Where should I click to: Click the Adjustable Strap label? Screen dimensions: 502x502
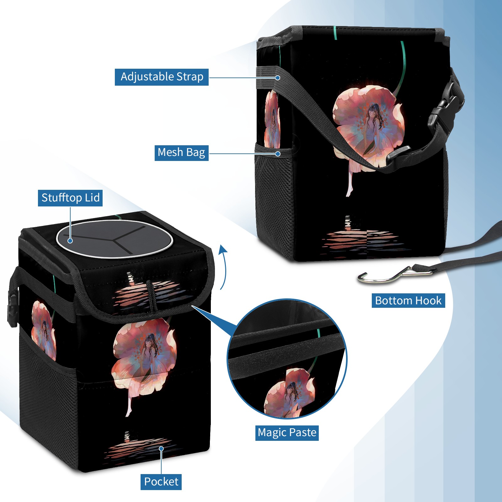(x=162, y=77)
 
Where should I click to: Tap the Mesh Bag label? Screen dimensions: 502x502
(x=181, y=153)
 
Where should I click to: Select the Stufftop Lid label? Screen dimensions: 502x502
(x=70, y=198)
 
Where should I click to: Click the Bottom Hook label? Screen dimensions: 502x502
(x=408, y=301)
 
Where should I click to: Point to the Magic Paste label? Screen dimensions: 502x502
(x=287, y=433)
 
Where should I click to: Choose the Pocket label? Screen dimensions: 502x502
(x=161, y=482)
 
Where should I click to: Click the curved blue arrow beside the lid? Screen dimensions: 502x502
(x=223, y=267)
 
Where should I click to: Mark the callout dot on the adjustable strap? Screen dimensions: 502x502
(x=278, y=77)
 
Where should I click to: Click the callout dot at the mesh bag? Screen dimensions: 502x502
(x=278, y=154)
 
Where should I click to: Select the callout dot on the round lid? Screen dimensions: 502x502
(x=70, y=241)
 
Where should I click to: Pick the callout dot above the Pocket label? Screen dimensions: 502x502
(x=161, y=449)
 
